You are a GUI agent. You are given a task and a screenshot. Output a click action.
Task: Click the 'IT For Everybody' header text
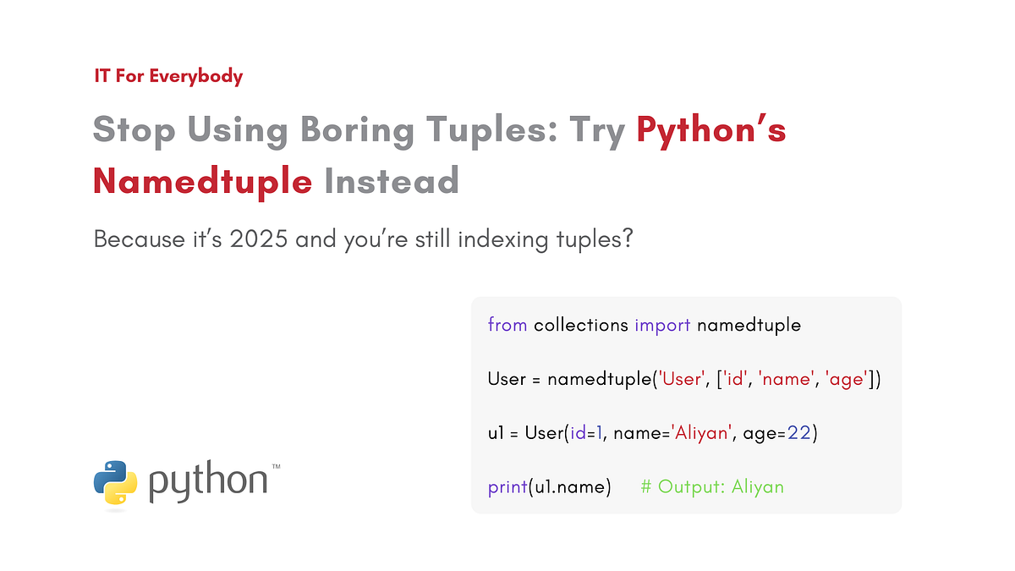[168, 76]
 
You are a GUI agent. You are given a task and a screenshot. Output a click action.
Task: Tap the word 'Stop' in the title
[134, 129]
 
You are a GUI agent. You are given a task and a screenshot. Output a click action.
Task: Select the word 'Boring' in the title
[356, 129]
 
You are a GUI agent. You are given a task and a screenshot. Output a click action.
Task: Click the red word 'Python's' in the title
[711, 129]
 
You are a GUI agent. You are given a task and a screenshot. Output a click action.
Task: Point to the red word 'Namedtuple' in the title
[202, 179]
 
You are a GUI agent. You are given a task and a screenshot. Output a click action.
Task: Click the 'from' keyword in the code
[507, 325]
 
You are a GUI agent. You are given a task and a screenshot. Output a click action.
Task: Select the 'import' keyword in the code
[663, 325]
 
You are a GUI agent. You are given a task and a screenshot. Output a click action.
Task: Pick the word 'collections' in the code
[581, 325]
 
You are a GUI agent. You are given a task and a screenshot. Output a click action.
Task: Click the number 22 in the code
[799, 433]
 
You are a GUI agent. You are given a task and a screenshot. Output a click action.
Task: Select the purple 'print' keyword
[507, 487]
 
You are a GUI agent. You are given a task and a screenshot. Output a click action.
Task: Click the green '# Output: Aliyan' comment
[712, 487]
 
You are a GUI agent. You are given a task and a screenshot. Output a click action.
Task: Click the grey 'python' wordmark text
[208, 482]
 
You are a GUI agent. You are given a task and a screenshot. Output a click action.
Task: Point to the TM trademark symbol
[276, 466]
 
